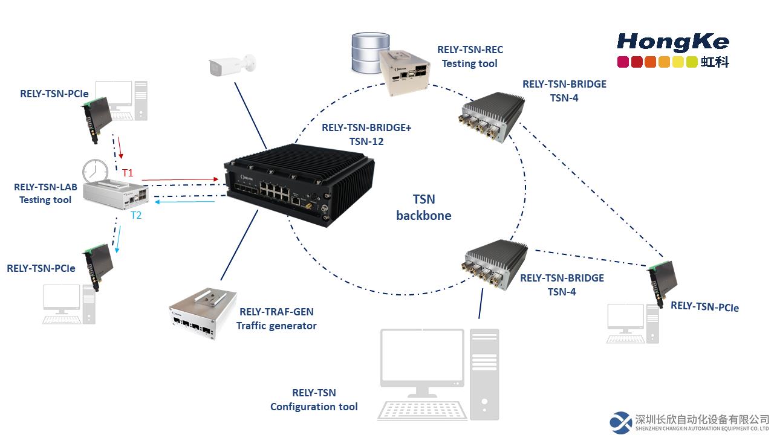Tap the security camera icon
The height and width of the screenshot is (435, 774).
click(x=232, y=65)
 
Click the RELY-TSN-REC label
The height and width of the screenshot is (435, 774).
click(x=470, y=50)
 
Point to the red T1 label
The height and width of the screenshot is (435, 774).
click(x=128, y=173)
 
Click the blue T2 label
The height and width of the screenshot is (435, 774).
click(x=136, y=216)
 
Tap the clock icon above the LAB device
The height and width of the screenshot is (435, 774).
click(x=95, y=171)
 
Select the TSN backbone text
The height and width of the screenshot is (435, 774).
click(x=424, y=207)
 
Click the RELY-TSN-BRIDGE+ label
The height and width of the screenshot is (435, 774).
click(x=366, y=127)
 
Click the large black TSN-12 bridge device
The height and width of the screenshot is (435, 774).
click(x=299, y=185)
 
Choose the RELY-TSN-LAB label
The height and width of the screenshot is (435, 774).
click(x=45, y=187)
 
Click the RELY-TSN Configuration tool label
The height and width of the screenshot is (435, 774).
click(x=314, y=399)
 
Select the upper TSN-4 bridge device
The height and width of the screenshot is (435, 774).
click(x=492, y=117)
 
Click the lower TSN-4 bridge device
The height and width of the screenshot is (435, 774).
click(x=495, y=265)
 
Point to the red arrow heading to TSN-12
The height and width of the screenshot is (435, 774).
click(x=180, y=179)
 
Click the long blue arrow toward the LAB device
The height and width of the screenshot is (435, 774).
click(x=184, y=202)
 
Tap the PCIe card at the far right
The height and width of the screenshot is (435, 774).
click(x=662, y=284)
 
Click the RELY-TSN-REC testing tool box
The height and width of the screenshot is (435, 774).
click(x=405, y=73)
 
